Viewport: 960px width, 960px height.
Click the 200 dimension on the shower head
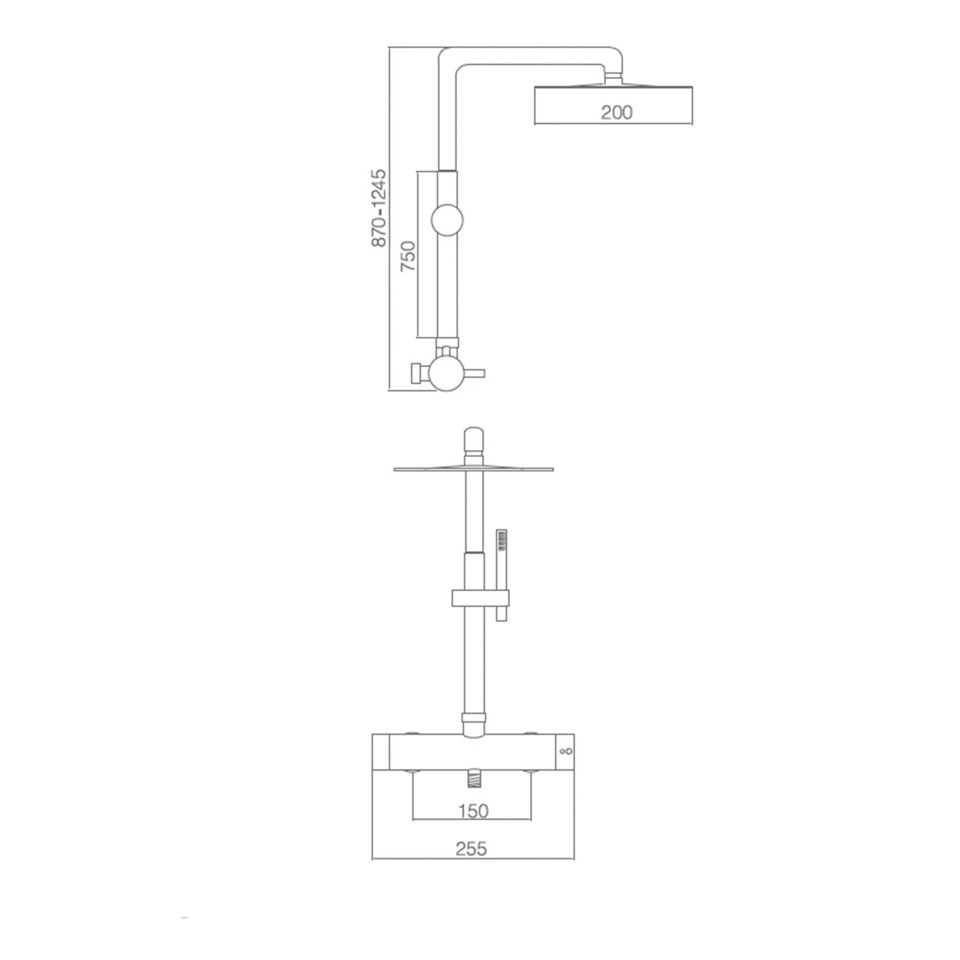617,113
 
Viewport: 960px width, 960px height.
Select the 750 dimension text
408,256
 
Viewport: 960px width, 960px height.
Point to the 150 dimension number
473,812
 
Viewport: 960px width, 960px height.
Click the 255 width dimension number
472,849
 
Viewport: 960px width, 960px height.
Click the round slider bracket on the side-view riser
447,221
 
